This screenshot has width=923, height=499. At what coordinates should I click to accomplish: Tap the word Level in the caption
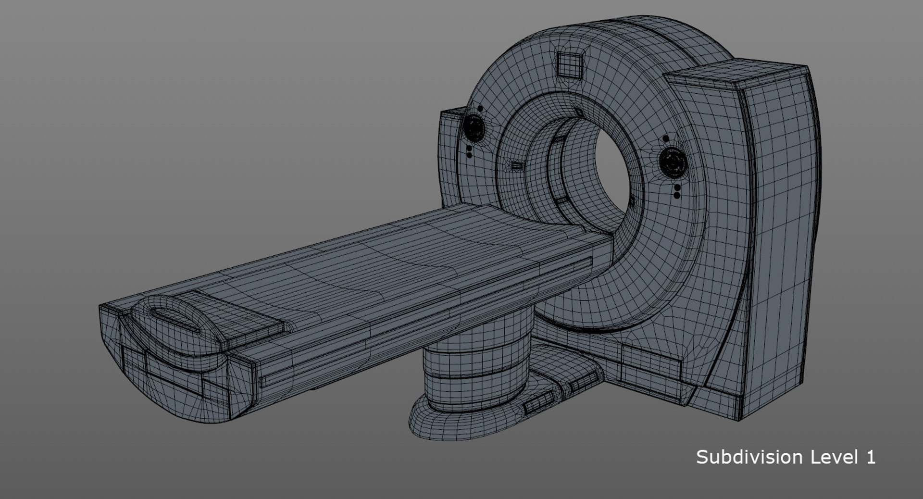pos(835,457)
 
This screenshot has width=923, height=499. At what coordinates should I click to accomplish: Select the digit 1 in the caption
pos(871,457)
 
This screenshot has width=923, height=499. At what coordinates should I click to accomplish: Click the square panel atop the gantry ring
pos(570,64)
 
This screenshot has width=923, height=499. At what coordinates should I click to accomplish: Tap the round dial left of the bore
pos(475,127)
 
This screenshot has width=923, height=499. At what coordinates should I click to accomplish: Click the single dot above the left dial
pos(480,109)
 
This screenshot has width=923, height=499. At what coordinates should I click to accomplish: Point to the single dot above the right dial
pos(665,139)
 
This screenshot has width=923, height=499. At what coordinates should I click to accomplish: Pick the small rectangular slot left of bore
pos(517,166)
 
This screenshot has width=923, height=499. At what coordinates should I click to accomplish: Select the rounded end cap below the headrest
pos(173,380)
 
